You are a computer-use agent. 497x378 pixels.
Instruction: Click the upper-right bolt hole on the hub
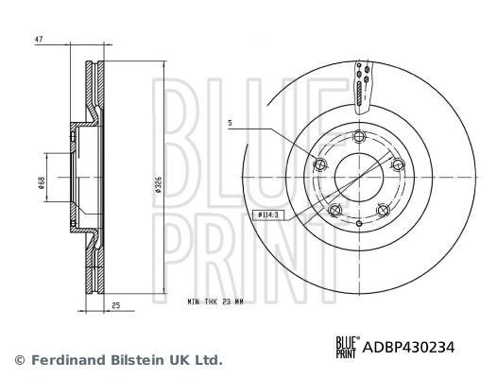click(398, 165)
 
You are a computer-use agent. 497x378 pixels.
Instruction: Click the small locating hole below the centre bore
click(359, 215)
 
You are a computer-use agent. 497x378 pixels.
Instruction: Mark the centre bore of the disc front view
click(359, 178)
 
